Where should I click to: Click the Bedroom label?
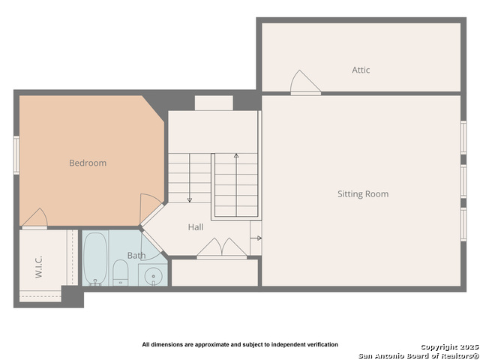click(x=88, y=163)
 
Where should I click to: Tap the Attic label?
click(x=361, y=70)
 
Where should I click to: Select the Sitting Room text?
click(x=363, y=194)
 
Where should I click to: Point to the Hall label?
click(x=196, y=227)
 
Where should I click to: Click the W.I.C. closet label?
click(x=38, y=267)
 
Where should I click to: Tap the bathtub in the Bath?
click(x=95, y=259)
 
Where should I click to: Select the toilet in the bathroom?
click(x=120, y=273)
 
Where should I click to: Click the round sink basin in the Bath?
click(x=153, y=275)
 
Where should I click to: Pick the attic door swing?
click(x=305, y=82)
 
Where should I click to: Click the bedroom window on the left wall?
click(x=16, y=155)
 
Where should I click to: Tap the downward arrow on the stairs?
click(x=190, y=178)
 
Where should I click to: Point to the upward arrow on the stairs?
click(x=236, y=185)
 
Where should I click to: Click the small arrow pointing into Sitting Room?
click(x=258, y=238)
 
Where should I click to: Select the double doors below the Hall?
click(x=222, y=248)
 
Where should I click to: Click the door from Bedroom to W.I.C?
click(x=35, y=219)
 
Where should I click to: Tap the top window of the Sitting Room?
click(x=463, y=138)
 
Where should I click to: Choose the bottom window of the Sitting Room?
click(x=463, y=224)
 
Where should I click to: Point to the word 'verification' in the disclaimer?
click(x=325, y=344)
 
